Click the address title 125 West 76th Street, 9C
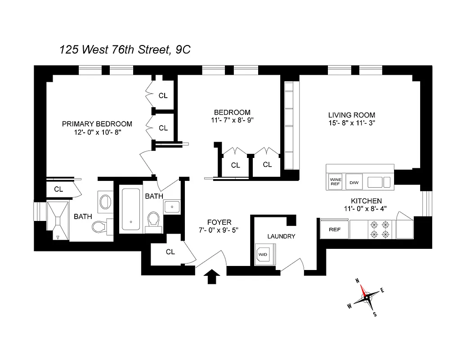click(125, 49)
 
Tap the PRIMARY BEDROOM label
click(97, 124)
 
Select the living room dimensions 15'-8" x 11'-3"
click(352, 124)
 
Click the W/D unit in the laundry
click(262, 254)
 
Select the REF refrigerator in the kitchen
click(335, 229)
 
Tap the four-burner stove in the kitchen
click(379, 229)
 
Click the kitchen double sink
click(379, 182)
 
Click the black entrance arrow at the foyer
click(211, 277)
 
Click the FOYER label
click(219, 222)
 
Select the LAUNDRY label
click(281, 236)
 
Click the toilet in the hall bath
click(153, 220)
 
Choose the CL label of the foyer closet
click(170, 252)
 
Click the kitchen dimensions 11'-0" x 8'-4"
click(366, 209)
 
